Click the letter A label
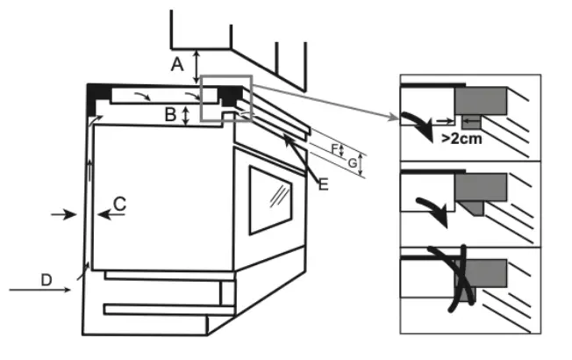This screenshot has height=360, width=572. [177, 64]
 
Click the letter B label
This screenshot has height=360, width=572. [172, 113]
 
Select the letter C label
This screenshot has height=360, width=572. [120, 204]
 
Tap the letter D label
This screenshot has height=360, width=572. [46, 278]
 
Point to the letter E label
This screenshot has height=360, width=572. [322, 184]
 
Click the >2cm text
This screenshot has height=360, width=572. [462, 139]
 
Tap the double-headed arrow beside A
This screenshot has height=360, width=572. [197, 65]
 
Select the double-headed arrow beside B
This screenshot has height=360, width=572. [187, 115]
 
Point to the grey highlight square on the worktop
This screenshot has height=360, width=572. [226, 98]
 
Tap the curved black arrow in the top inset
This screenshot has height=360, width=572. [419, 124]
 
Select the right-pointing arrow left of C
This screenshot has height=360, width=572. [64, 214]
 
